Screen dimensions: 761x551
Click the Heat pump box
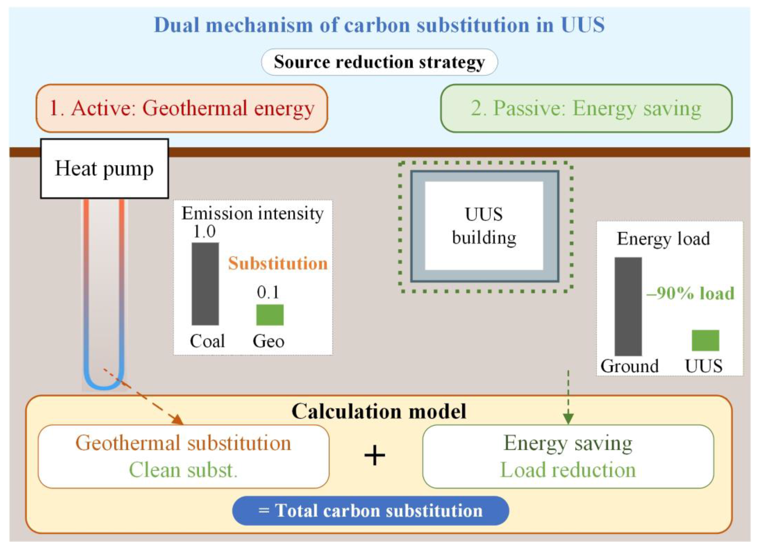point(104,168)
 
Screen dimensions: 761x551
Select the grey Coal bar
point(205,284)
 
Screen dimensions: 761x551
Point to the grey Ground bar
point(628,306)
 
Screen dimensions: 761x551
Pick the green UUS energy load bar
point(705,340)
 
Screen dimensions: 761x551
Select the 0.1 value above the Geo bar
point(268,292)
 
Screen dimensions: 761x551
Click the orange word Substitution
point(278,263)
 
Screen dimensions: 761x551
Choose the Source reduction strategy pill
point(379,62)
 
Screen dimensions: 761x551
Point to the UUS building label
point(484,226)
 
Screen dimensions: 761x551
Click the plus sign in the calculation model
point(374,456)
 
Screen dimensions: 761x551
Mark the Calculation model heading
point(379,411)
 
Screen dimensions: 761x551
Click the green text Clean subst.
point(183,470)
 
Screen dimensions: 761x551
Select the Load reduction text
point(568,470)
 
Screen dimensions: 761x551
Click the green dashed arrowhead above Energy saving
point(568,419)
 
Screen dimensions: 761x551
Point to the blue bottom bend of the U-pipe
point(104,385)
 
